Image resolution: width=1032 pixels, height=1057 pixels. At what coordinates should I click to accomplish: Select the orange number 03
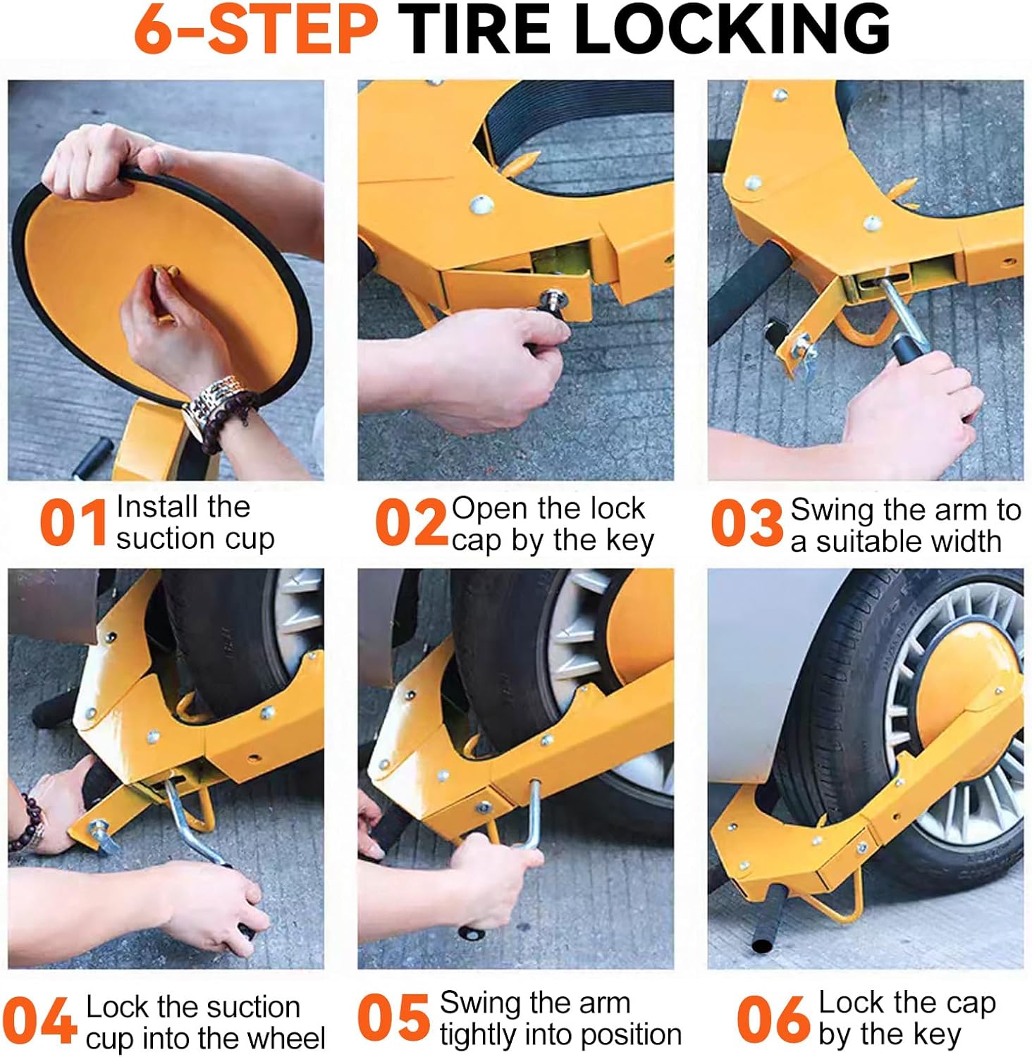(747, 523)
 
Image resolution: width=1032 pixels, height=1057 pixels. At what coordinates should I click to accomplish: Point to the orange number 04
(39, 1019)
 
